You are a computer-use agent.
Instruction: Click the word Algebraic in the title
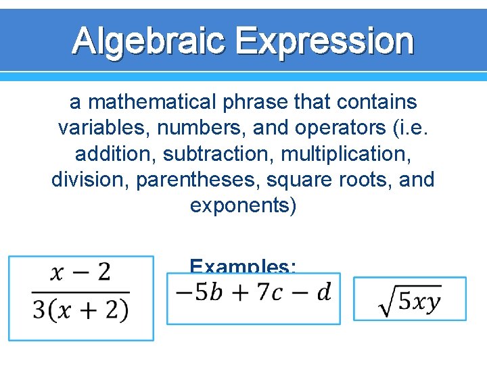point(151,41)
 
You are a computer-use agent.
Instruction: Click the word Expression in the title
point(326,41)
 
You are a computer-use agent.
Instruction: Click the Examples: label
point(242,266)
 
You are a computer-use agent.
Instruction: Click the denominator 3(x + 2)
point(80,310)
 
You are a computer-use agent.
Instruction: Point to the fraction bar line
point(80,292)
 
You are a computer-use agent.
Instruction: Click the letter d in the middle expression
point(324,293)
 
